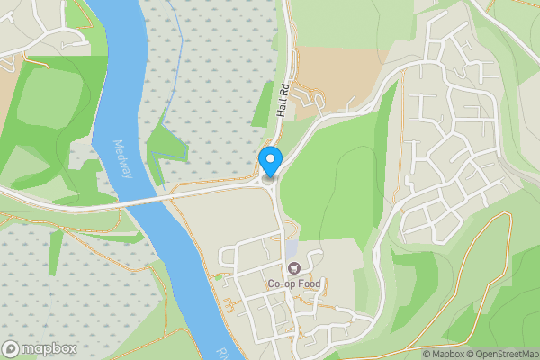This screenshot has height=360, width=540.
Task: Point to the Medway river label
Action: [x=123, y=158]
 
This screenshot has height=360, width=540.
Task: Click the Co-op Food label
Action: [x=293, y=284]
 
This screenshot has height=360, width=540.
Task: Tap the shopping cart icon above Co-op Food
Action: [x=293, y=268]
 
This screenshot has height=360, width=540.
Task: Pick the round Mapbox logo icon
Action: [x=12, y=348]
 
